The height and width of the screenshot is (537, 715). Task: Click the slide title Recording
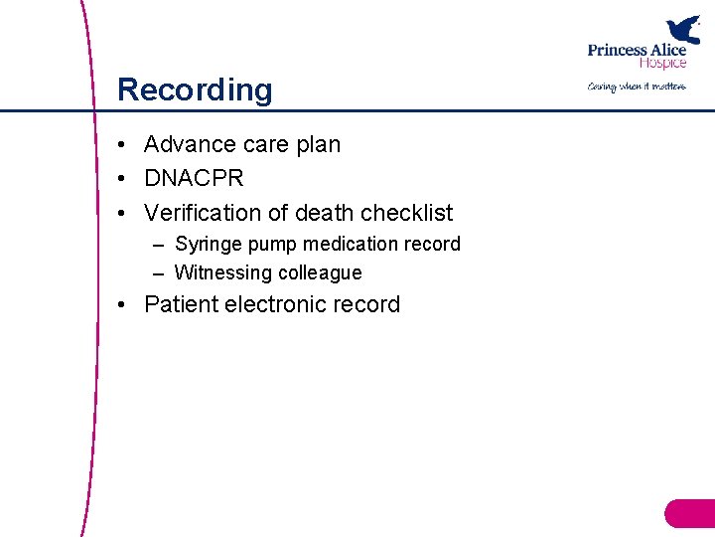coord(195,89)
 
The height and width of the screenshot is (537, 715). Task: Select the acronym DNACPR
coord(194,179)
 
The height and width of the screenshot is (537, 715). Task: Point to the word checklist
coord(407,213)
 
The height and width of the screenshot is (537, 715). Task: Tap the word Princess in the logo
coord(619,51)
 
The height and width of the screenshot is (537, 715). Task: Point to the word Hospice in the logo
coord(662,64)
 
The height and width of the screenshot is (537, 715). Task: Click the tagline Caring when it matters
coord(637,87)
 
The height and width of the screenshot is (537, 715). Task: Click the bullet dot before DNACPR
coord(119,179)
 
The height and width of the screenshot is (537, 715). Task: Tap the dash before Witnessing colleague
coord(159,272)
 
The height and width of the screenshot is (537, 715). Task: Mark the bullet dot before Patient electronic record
coord(119,304)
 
